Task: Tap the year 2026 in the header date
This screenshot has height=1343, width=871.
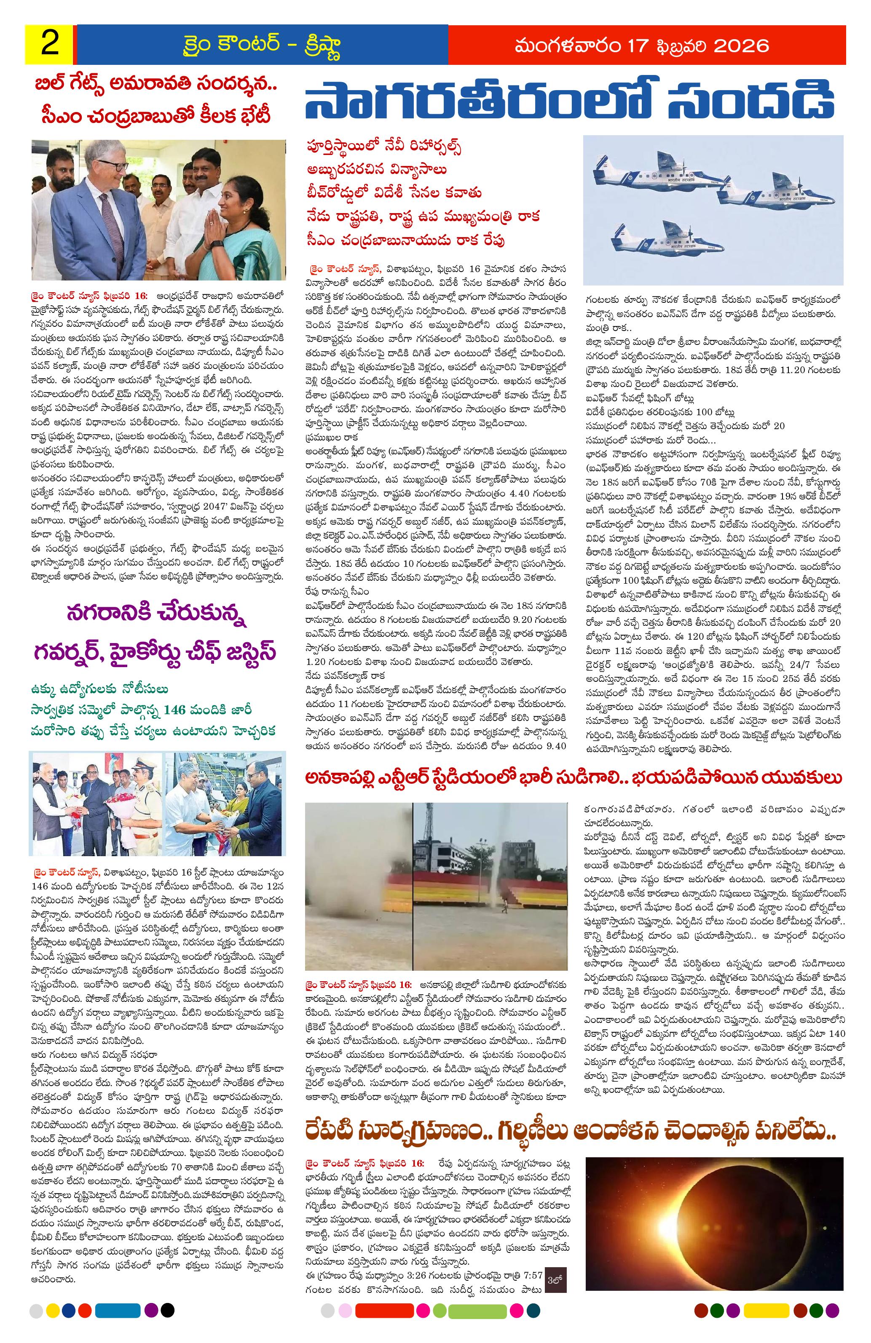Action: [x=741, y=45]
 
